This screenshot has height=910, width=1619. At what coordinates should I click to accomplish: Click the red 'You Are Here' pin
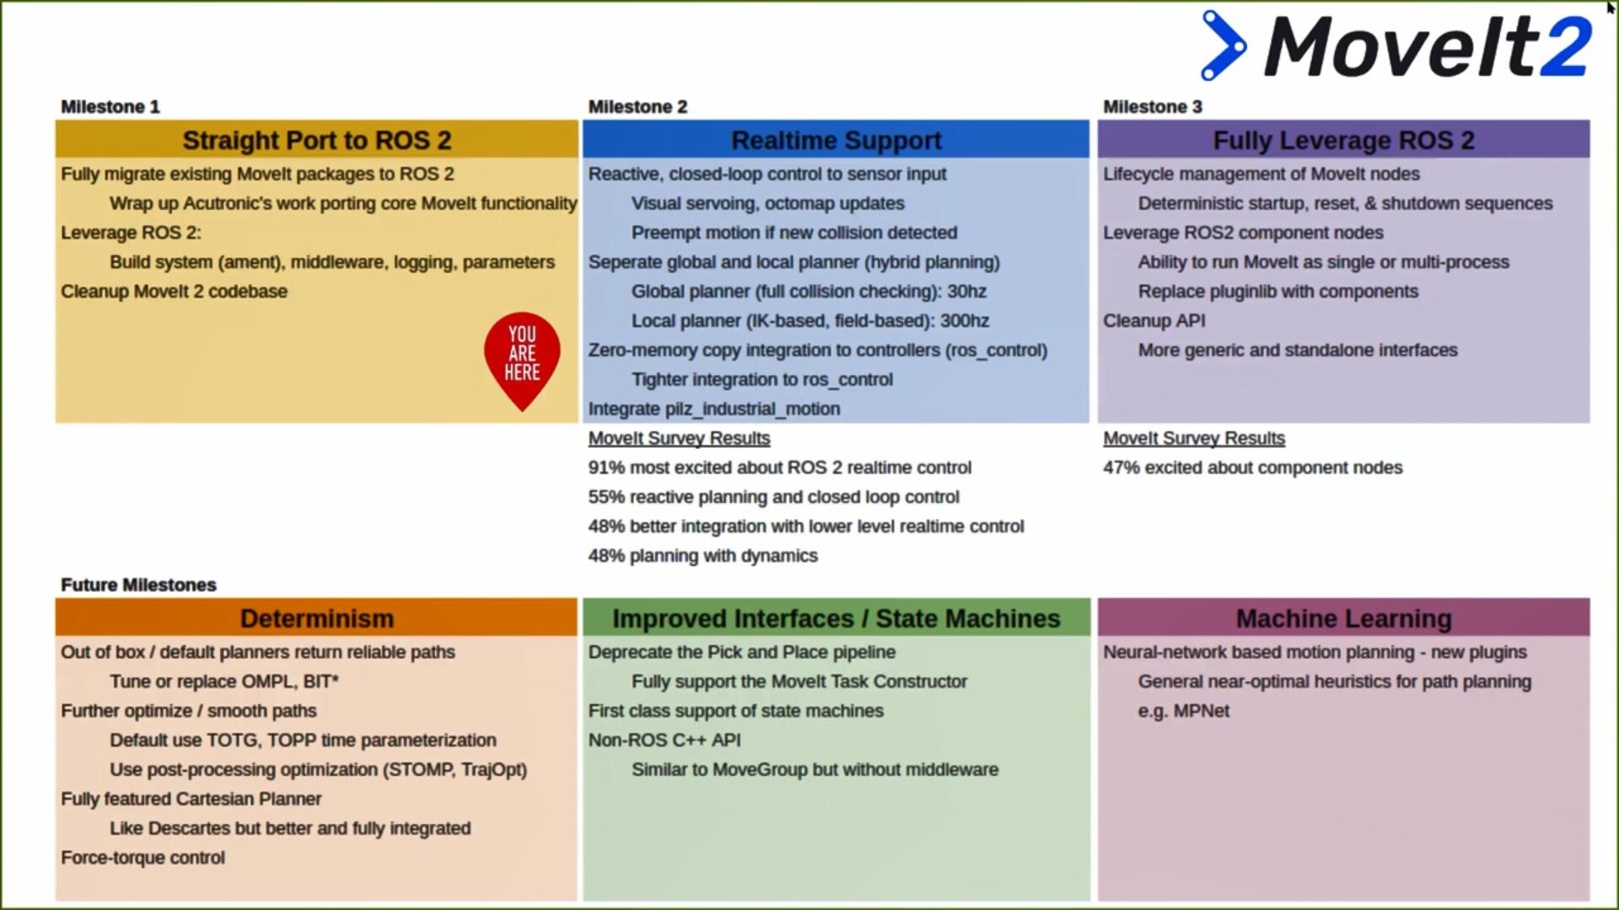tap(522, 356)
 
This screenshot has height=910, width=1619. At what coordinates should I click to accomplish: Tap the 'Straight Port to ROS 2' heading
tap(317, 140)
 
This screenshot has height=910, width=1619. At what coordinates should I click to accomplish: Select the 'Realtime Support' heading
tap(836, 140)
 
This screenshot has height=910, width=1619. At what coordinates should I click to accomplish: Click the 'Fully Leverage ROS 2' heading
tap(1343, 140)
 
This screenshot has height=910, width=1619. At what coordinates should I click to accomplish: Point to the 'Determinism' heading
tap(317, 618)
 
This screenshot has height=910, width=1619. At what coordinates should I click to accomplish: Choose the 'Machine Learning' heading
tap(1343, 618)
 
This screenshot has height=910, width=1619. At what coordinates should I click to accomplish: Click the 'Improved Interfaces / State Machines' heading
tap(836, 618)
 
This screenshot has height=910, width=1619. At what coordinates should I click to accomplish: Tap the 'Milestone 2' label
tap(637, 107)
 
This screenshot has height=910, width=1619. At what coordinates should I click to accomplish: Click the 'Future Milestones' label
tap(138, 585)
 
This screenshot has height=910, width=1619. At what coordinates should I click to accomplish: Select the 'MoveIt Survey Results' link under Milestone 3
tap(1194, 438)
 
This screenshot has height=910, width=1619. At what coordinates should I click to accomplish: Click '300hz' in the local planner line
tap(965, 321)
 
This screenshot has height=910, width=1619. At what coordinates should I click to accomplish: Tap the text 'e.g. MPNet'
tap(1183, 711)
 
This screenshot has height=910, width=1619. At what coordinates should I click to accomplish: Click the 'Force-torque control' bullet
tap(143, 858)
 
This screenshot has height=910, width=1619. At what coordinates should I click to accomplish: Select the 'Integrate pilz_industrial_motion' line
tap(713, 409)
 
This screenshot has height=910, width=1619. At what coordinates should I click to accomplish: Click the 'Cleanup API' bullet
tap(1154, 321)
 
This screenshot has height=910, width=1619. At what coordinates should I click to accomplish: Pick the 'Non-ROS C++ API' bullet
tap(664, 741)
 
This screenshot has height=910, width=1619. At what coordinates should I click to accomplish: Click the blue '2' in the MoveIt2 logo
tap(1567, 47)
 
